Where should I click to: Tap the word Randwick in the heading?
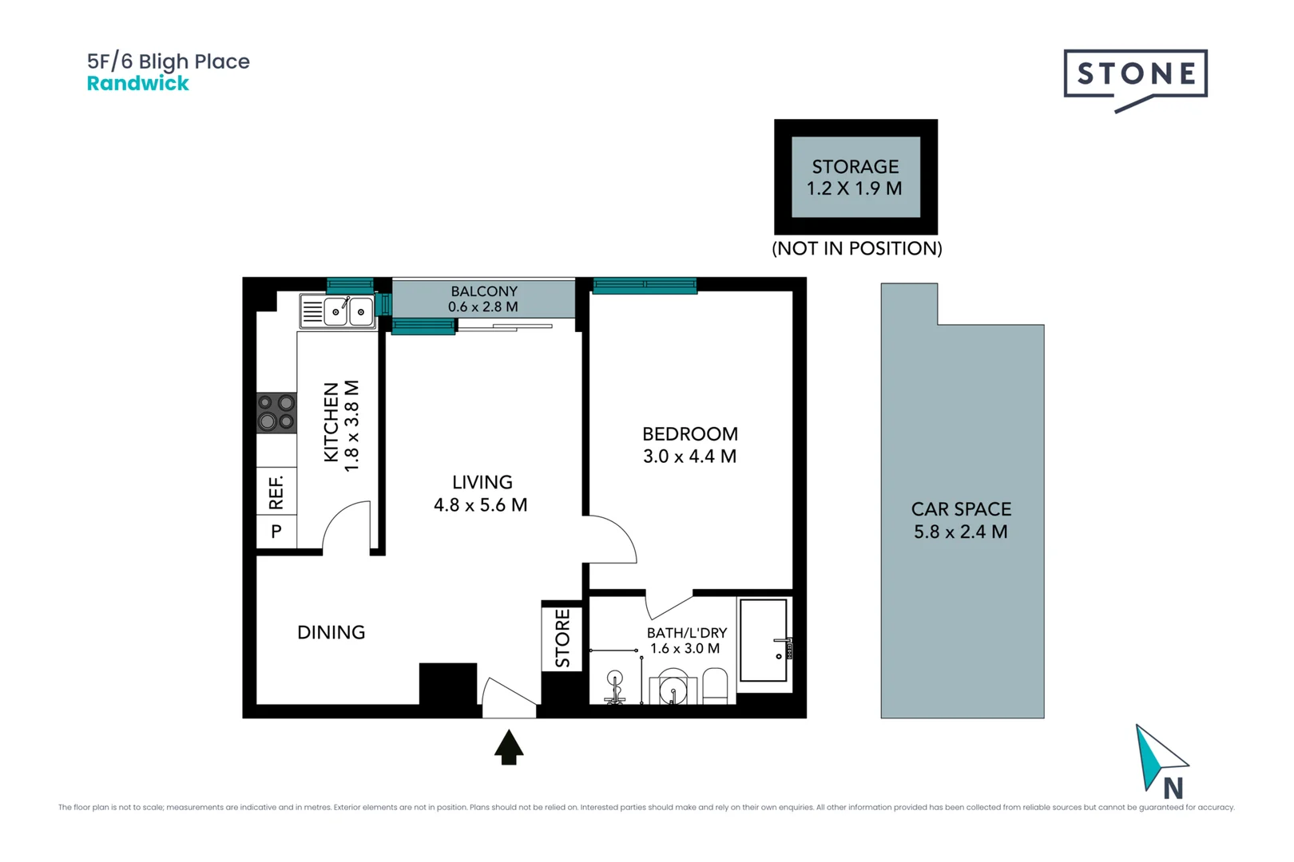pyautogui.click(x=137, y=84)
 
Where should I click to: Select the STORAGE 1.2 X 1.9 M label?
pyautogui.click(x=855, y=177)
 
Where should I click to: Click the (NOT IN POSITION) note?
pyautogui.click(x=856, y=248)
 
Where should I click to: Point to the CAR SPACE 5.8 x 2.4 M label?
pyautogui.click(x=961, y=520)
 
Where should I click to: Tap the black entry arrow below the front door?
pyautogui.click(x=509, y=748)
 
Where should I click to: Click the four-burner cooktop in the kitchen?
pyautogui.click(x=276, y=413)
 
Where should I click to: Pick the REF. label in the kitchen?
pyautogui.click(x=276, y=492)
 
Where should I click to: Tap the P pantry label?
pyautogui.click(x=276, y=532)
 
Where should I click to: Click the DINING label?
pyautogui.click(x=331, y=632)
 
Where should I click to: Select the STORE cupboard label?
pyautogui.click(x=562, y=638)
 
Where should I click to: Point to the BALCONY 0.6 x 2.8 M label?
pyautogui.click(x=483, y=299)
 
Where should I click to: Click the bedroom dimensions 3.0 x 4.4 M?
pyautogui.click(x=689, y=457)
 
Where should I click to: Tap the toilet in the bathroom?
pyautogui.click(x=714, y=686)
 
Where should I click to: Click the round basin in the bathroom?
pyautogui.click(x=673, y=688)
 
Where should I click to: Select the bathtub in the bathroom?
pyautogui.click(x=764, y=640)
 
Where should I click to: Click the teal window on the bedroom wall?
pyautogui.click(x=644, y=286)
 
